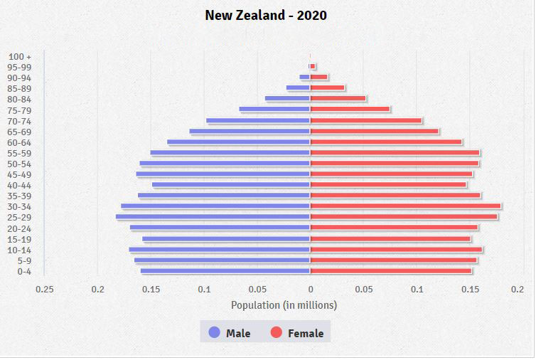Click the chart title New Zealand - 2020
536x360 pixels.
(266, 15)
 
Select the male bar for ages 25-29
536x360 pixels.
(213, 217)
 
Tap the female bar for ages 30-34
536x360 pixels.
(405, 206)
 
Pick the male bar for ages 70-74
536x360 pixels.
(258, 120)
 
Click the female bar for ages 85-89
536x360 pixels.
(327, 88)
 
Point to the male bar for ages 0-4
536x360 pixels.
(225, 271)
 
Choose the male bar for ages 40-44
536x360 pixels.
(231, 185)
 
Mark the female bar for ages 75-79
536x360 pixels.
(350, 110)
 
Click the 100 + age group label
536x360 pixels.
(20, 56)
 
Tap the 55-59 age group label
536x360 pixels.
(20, 153)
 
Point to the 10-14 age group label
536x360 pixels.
(20, 250)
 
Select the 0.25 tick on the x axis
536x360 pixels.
(44, 289)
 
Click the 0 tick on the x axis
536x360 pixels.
(310, 289)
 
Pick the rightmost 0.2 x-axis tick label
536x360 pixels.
(517, 289)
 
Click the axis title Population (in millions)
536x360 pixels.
(284, 305)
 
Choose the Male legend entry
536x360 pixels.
(230, 332)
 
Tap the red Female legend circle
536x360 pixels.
(277, 332)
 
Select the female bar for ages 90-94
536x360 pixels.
(319, 78)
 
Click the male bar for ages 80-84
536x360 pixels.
(287, 99)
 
